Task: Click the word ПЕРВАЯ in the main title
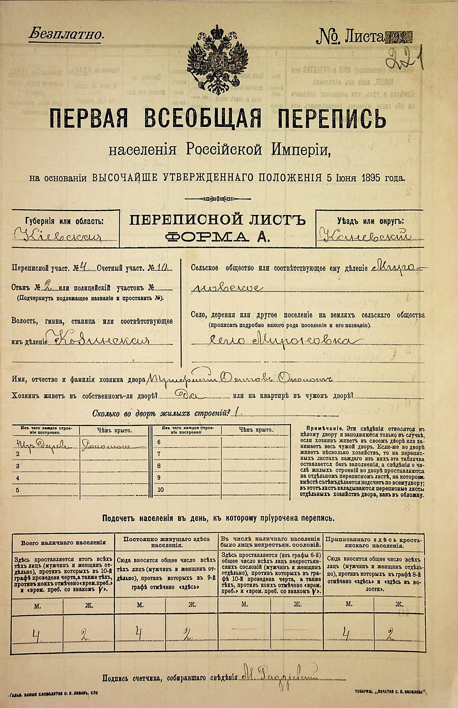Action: (x=88, y=119)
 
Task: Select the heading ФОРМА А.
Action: (x=217, y=236)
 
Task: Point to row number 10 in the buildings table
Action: (x=160, y=490)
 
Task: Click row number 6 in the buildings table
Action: (x=159, y=442)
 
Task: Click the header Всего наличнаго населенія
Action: (x=63, y=542)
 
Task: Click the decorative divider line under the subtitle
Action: (x=217, y=199)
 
